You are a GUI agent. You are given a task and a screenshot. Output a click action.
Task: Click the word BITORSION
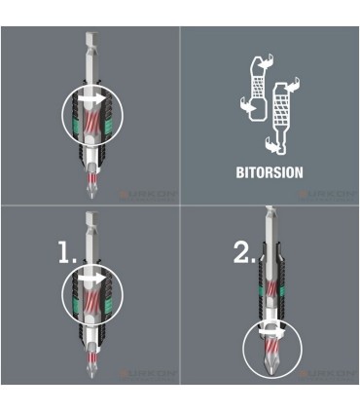pyautogui.click(x=270, y=172)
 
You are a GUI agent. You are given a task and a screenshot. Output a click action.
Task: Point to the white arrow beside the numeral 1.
pyautogui.click(x=94, y=279)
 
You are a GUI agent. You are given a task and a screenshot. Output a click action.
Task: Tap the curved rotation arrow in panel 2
pyautogui.click(x=270, y=332)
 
